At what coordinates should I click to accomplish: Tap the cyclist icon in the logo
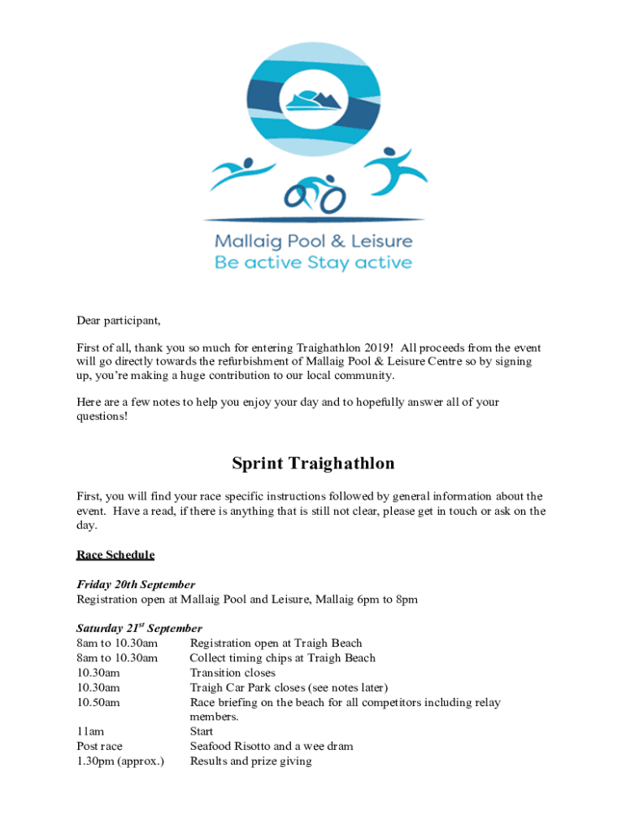[315, 194]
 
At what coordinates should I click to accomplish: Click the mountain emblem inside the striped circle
[313, 100]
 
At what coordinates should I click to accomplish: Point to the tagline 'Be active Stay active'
[313, 263]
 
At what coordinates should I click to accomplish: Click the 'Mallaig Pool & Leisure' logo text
[313, 242]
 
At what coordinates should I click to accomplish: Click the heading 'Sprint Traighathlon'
[313, 464]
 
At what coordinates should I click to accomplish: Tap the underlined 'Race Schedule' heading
[115, 555]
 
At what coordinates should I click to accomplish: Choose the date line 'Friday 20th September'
[136, 585]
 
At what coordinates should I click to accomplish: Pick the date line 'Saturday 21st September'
[139, 629]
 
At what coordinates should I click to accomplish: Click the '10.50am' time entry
[98, 702]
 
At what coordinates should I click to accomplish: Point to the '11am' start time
[89, 731]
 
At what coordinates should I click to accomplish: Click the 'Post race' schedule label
[99, 746]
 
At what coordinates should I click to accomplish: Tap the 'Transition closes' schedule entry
[233, 673]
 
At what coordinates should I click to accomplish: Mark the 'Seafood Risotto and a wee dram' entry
[272, 746]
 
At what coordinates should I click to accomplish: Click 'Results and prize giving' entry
[250, 761]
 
